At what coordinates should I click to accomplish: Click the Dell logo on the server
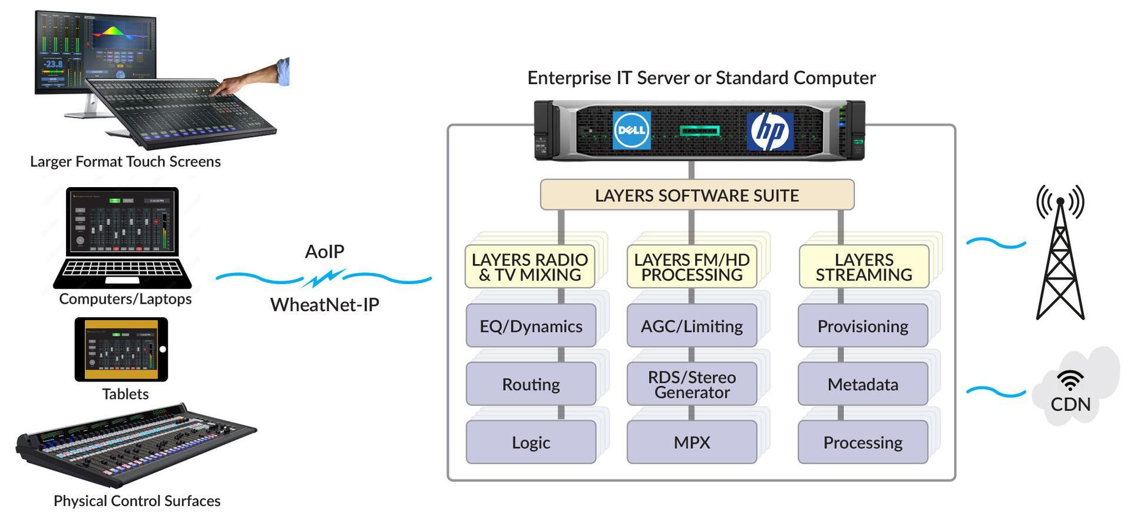[x=631, y=130]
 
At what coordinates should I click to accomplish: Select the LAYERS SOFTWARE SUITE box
[x=697, y=195]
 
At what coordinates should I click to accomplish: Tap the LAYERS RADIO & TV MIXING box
[x=530, y=267]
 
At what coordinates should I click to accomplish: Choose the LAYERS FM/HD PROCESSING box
[x=692, y=267]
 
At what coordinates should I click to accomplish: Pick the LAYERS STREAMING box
[x=864, y=267]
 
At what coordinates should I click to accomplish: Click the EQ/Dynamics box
[x=531, y=325]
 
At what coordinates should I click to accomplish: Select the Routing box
[x=531, y=384]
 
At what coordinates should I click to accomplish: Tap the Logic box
[x=531, y=442]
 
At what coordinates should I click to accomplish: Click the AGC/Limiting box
[x=692, y=325]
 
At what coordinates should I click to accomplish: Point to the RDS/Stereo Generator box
[x=692, y=384]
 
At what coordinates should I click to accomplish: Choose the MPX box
[x=692, y=442]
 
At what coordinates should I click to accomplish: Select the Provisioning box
[x=862, y=325]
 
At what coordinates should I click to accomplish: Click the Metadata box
[x=862, y=384]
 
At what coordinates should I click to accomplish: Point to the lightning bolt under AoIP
[x=323, y=278]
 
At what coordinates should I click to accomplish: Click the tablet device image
[x=121, y=349]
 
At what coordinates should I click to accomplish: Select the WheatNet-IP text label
[x=325, y=305]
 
